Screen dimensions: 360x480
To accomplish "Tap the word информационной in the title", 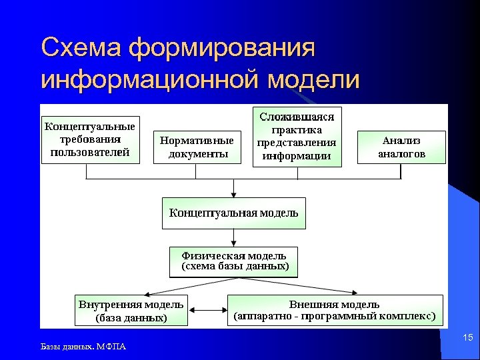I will click(150, 80).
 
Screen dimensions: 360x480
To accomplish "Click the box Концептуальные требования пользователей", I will click(89, 139).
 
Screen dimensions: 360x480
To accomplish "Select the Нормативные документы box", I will click(196, 147).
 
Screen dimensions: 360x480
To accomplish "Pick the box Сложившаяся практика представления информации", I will click(297, 137).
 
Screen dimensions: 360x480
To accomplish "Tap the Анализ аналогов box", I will click(401, 147).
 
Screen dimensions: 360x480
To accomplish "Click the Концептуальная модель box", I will click(233, 213).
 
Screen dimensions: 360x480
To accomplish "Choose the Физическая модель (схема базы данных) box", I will click(233, 261).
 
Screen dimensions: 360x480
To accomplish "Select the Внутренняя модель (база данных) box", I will click(131, 311).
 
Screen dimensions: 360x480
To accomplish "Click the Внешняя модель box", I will click(335, 310).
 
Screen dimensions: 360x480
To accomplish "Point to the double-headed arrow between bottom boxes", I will click(207, 311).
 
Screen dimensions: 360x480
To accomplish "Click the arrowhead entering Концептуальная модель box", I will click(233, 193).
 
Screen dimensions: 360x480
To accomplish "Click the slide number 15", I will click(467, 339).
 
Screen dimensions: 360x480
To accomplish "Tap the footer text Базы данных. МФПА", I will click(83, 347).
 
